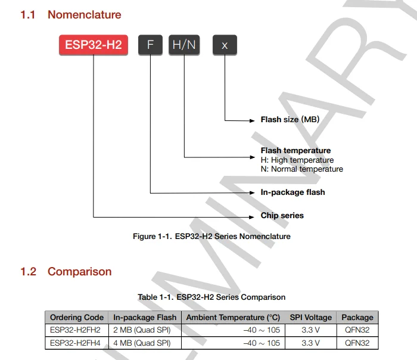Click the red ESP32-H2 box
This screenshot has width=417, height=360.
pos(94,45)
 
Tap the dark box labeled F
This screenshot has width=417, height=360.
pos(150,45)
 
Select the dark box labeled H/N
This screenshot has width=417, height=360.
pos(185,45)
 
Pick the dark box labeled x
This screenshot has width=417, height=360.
pos(225,45)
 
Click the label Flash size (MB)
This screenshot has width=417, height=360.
pos(290,120)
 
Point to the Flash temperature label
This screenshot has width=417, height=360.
pos(295,151)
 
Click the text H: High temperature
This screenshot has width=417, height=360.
pos(297,160)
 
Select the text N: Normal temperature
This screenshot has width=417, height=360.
pos(302,169)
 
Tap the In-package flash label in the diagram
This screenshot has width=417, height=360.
pos(292,193)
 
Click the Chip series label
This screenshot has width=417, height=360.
pos(282,216)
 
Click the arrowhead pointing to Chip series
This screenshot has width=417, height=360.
pos(252,216)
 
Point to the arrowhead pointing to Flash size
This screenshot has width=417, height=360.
pos(252,120)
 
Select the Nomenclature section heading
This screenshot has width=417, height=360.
pos(84,15)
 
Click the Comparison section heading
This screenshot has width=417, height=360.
pos(79,272)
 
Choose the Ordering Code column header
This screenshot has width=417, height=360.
pos(77,318)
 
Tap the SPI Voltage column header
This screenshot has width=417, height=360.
pos(310,318)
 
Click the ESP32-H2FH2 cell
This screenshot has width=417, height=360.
pos(75,330)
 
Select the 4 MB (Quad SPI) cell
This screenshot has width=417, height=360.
pos(142,343)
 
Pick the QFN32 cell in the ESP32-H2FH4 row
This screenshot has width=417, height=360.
pos(357,343)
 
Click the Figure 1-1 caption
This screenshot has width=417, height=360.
pos(211,237)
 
